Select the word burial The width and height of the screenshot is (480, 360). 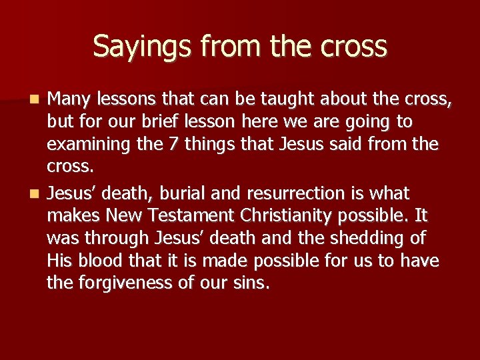coord(185,194)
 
